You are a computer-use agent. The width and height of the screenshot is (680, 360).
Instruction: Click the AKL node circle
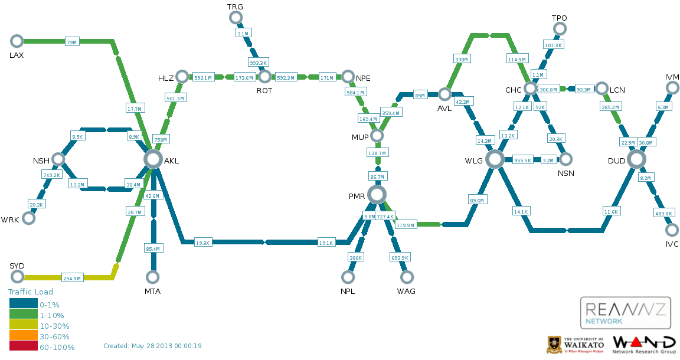click(x=153, y=159)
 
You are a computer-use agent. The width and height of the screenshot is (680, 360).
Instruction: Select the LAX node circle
click(x=17, y=41)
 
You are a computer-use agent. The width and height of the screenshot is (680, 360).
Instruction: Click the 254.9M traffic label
click(x=71, y=278)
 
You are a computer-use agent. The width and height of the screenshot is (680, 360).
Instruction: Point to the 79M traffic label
click(x=71, y=42)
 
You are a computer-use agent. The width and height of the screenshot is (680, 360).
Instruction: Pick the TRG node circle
click(x=235, y=17)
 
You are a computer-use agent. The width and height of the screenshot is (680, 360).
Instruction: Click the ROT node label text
click(x=264, y=91)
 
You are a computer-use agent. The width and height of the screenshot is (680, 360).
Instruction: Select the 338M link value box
click(x=461, y=59)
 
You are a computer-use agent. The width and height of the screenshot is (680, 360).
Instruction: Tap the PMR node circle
click(x=377, y=194)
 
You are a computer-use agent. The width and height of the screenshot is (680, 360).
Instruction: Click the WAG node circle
click(x=406, y=277)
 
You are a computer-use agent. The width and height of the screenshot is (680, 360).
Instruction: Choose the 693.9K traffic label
click(x=400, y=257)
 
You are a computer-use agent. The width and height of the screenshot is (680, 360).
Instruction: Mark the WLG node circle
click(x=495, y=159)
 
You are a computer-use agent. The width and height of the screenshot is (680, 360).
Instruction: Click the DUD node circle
click(x=636, y=159)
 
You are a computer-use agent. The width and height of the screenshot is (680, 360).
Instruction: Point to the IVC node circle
click(x=672, y=230)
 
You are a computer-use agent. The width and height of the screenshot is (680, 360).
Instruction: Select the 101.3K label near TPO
click(x=554, y=45)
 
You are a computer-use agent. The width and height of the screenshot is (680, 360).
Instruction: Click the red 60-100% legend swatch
click(x=23, y=347)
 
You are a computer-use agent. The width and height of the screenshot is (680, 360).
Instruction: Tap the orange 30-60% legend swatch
click(x=23, y=336)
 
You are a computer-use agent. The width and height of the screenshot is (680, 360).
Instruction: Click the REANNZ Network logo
click(x=626, y=313)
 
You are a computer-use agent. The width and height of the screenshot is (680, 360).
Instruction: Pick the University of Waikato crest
click(x=554, y=345)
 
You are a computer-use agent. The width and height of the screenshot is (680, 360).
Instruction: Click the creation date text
click(x=152, y=346)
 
